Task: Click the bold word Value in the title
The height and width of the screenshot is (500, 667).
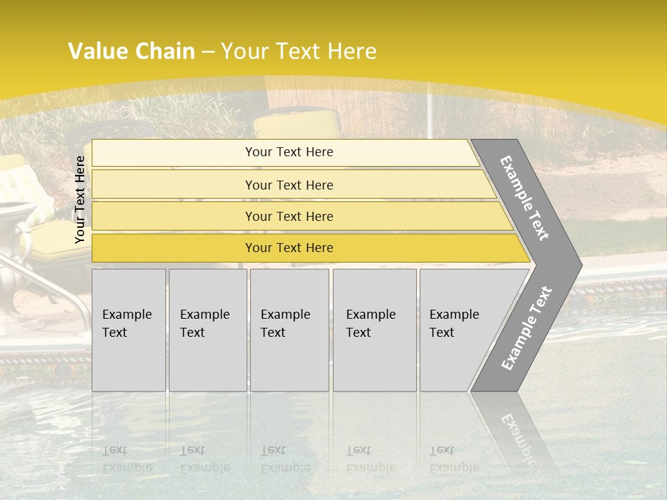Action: click(x=97, y=51)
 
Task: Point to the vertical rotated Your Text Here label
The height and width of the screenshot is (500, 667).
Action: click(x=80, y=199)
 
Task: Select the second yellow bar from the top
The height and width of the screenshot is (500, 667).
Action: click(x=289, y=185)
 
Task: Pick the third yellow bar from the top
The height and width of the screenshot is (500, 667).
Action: click(x=289, y=216)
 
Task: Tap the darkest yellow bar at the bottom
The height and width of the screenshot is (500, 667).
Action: click(x=289, y=248)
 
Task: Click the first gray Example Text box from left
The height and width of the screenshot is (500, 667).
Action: click(x=129, y=330)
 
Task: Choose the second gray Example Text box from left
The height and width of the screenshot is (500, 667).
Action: click(x=207, y=330)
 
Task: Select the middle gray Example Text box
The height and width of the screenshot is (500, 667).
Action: click(x=289, y=330)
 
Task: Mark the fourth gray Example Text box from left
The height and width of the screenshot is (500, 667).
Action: click(x=374, y=330)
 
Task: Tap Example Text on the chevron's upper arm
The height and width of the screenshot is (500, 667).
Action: click(x=525, y=198)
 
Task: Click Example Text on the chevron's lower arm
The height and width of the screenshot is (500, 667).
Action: click(x=526, y=328)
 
